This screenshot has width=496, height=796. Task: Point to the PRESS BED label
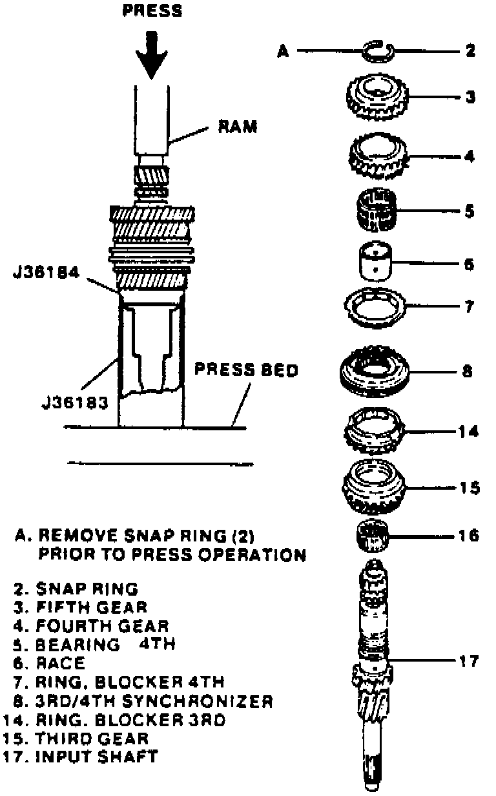(x=247, y=371)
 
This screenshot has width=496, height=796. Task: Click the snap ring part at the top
(x=378, y=51)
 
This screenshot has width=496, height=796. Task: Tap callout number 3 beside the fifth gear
(x=470, y=98)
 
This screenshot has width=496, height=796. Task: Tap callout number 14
(x=469, y=431)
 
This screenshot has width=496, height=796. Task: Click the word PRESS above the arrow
(x=152, y=10)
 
